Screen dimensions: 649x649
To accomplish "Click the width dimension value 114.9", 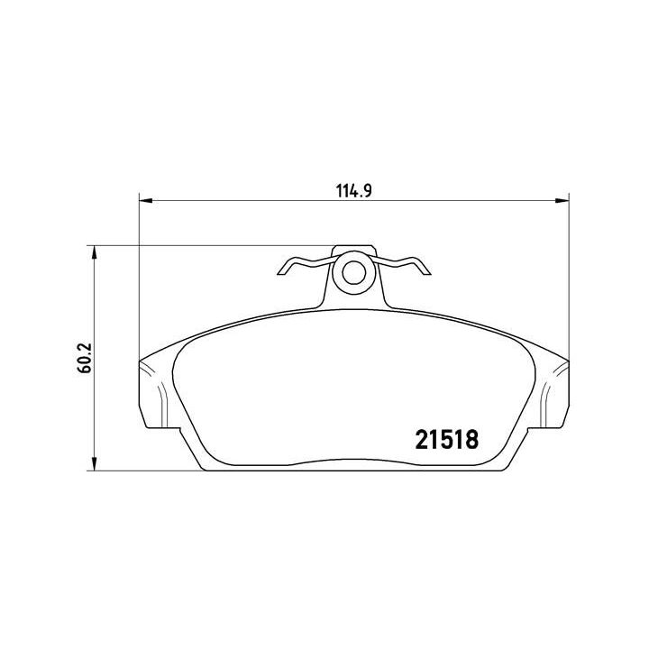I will click(354, 191).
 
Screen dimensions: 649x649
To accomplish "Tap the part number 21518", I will click(445, 439).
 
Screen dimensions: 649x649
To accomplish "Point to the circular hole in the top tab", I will click(352, 270).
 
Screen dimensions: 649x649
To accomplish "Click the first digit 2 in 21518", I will click(421, 439).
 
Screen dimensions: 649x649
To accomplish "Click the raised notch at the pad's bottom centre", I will click(352, 462).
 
